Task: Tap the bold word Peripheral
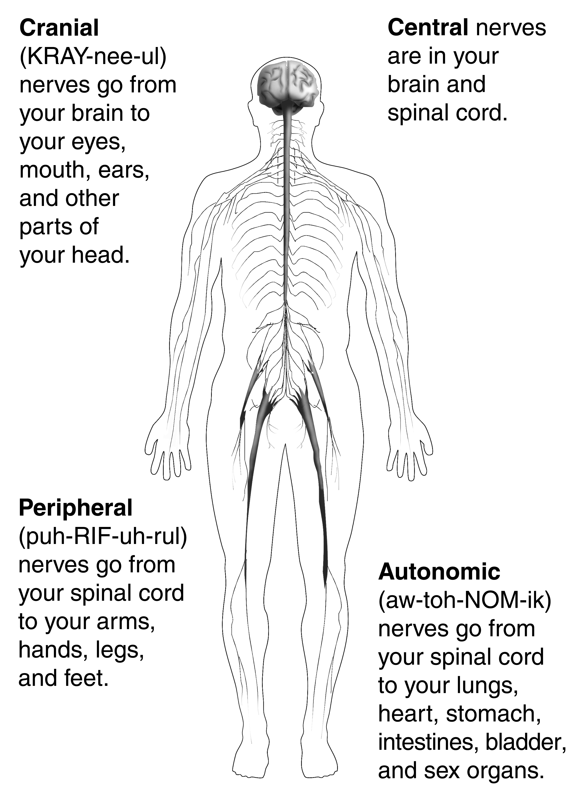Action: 76,508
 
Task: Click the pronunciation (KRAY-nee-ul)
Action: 93,57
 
